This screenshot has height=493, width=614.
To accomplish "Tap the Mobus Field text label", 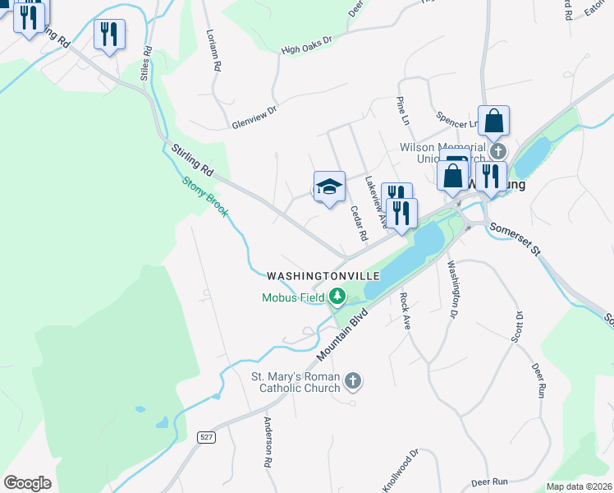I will point(293,297).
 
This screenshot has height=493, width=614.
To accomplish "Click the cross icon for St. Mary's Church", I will point(353,380).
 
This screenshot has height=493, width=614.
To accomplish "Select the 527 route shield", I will point(208,437).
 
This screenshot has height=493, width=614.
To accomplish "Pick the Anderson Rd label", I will point(268,442).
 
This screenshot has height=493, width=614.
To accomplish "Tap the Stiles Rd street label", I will point(148,61).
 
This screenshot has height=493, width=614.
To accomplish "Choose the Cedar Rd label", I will point(358,223).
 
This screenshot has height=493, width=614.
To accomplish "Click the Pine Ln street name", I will point(402,110).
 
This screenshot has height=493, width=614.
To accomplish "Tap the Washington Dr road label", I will point(451,289).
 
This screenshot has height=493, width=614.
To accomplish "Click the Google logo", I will point(27,483).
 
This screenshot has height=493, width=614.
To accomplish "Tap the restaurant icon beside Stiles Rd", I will point(109,35).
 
